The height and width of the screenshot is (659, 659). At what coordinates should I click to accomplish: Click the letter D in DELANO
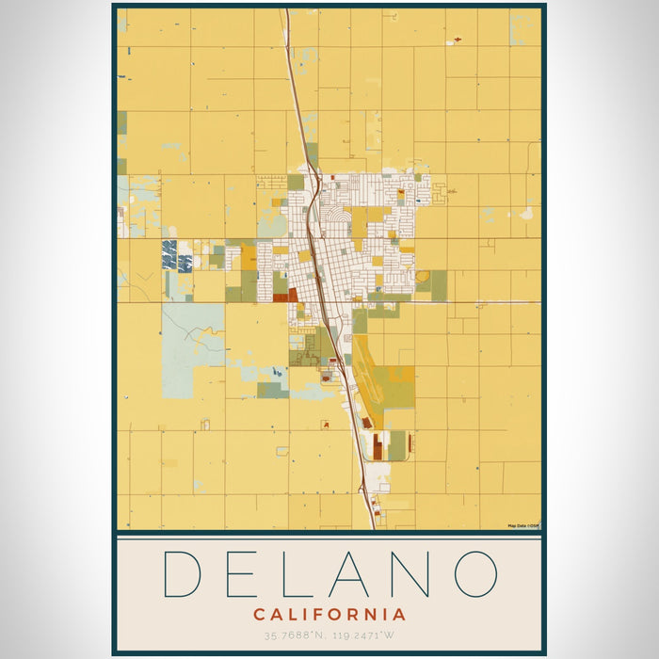185,573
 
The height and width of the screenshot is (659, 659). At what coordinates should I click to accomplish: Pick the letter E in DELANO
246,573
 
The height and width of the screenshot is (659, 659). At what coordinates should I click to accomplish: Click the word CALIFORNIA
329,615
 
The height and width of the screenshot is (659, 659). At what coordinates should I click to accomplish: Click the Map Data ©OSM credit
522,525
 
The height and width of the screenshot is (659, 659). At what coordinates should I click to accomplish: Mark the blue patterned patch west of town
169,254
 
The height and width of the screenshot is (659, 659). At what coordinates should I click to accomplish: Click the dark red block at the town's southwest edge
284,295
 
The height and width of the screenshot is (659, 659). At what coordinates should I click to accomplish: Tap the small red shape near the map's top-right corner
458,39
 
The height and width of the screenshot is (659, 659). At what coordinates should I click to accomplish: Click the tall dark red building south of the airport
378,445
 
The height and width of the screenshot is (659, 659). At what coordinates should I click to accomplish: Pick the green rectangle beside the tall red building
396,445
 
